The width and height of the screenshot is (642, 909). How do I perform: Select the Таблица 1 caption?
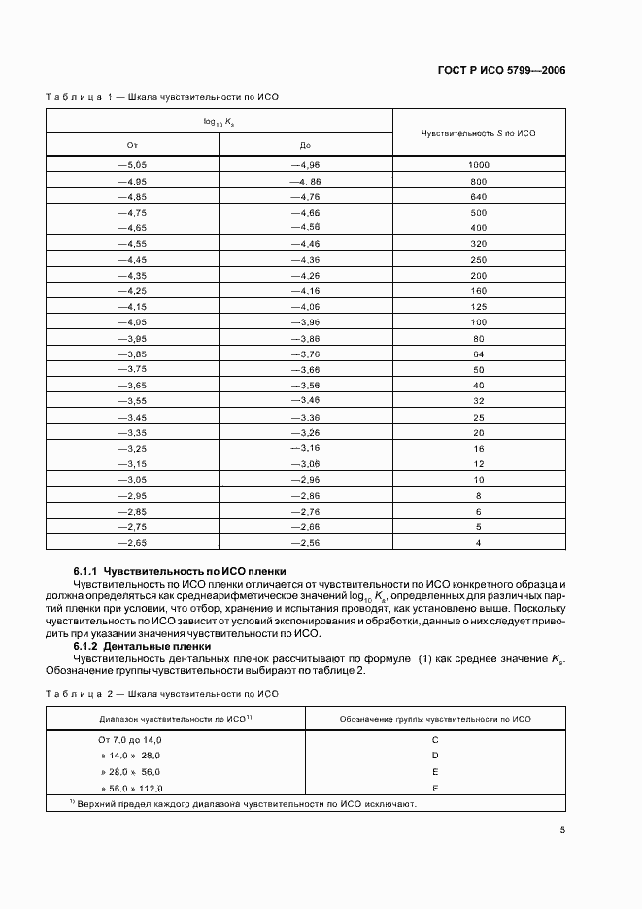(162, 97)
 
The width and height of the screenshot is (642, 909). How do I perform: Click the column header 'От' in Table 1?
(133, 145)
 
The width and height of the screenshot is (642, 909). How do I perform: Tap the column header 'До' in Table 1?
(305, 145)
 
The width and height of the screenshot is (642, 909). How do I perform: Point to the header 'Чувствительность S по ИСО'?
(478, 132)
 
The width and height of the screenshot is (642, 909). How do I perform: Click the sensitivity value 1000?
(478, 165)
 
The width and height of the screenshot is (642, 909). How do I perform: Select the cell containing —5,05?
(132, 165)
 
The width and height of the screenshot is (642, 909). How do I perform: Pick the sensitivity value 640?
(478, 196)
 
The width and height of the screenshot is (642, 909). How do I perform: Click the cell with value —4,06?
(305, 307)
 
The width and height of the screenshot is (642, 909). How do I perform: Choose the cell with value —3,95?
(132, 338)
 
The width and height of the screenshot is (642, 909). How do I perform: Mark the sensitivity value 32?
(478, 400)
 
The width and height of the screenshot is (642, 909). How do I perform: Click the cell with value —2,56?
(305, 542)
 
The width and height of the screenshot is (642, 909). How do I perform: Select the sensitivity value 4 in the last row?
(478, 542)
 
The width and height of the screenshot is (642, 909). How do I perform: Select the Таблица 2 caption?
(162, 694)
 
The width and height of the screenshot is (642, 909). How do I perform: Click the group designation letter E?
(435, 771)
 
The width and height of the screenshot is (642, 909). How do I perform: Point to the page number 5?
(563, 830)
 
